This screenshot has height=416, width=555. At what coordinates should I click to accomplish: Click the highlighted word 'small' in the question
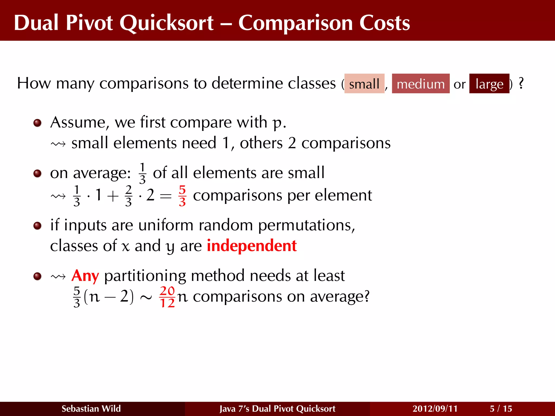pos(364,84)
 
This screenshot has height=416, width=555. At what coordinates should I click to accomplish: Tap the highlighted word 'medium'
pos(421,84)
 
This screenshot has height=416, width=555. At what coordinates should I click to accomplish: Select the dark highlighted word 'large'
pos(489,84)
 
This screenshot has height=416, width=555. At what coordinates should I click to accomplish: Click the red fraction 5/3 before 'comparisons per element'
pos(182,196)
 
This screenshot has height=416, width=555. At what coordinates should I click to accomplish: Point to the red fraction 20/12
pos(167,297)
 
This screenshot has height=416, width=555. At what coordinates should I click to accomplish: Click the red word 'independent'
pos(251,246)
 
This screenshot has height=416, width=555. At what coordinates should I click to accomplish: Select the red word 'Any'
pos(85,276)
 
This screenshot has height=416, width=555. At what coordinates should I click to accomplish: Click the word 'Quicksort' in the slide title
pos(166,22)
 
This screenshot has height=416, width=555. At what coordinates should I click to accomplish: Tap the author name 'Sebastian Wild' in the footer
pos(91,408)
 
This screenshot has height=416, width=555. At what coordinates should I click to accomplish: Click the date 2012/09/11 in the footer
pos(435,408)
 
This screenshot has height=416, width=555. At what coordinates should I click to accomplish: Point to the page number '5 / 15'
pos(501,408)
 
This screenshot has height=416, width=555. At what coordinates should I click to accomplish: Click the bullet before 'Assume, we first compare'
pos(37,123)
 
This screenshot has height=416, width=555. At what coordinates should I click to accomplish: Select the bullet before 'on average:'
pos(37,173)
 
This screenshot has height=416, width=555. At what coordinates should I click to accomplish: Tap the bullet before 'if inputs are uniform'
pos(37,225)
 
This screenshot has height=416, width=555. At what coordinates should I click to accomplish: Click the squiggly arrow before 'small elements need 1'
pos(58,144)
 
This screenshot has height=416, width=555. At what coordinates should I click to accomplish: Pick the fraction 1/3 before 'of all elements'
pos(142,173)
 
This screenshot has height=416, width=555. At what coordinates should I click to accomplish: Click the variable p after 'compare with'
pos(277,123)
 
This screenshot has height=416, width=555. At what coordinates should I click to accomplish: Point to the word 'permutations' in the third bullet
pos(306,225)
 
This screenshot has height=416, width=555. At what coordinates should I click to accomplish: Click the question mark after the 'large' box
pos(521,83)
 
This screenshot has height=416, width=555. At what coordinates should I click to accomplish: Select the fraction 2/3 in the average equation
pos(128,196)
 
